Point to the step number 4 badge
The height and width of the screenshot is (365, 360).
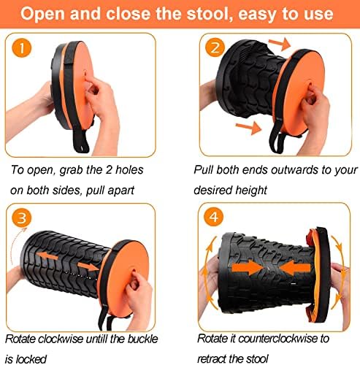[212, 218]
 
